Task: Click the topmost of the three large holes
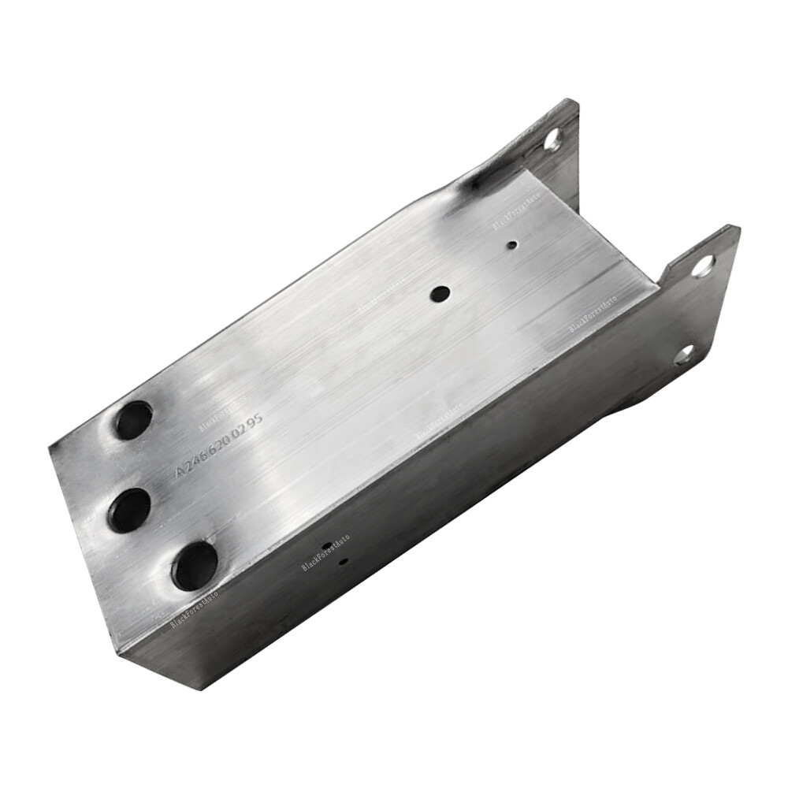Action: click(134, 419)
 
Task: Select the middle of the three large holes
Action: click(130, 509)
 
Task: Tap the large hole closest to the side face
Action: click(195, 565)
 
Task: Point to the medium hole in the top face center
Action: click(439, 294)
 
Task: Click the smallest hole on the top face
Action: click(512, 245)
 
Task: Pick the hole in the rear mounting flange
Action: click(553, 139)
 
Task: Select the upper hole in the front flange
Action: click(703, 266)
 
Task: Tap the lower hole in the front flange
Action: click(684, 355)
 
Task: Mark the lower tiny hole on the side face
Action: click(343, 562)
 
